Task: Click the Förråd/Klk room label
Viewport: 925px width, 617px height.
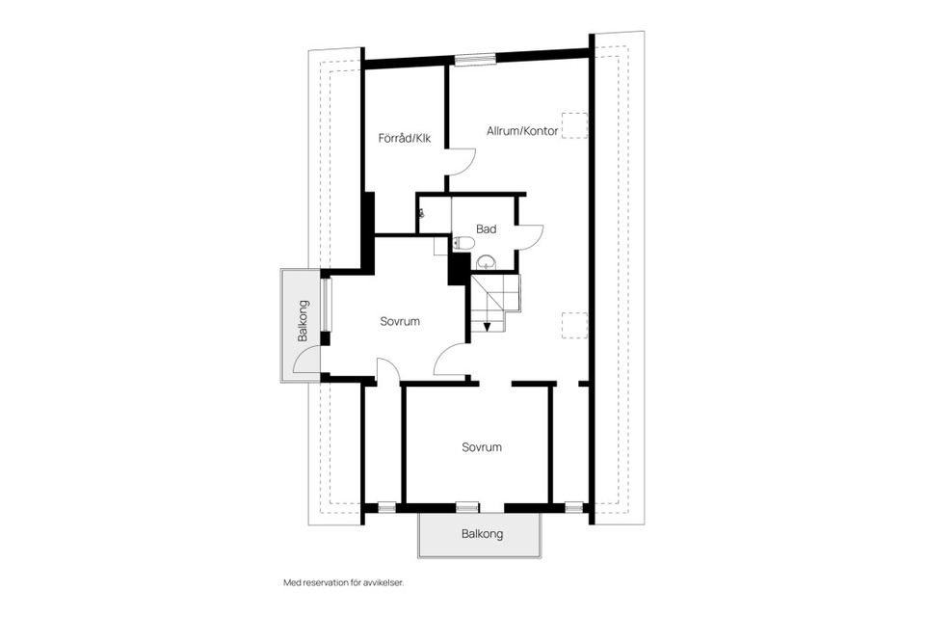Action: tap(405, 138)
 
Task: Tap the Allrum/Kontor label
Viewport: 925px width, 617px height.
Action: tap(522, 131)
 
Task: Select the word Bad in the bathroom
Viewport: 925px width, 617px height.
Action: tap(486, 229)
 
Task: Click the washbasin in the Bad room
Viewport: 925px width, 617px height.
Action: tap(487, 260)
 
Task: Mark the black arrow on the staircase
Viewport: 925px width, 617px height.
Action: tap(487, 325)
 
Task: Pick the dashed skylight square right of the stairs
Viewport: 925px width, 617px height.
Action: tap(574, 326)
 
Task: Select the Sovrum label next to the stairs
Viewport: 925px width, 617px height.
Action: tap(399, 321)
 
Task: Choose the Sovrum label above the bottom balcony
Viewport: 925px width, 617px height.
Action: tap(481, 447)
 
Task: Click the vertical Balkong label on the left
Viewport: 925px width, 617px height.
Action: tap(304, 322)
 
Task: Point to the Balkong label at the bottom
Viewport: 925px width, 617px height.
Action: tap(481, 533)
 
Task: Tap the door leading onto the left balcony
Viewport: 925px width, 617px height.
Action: tap(307, 361)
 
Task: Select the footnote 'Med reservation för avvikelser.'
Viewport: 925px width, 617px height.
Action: tap(343, 583)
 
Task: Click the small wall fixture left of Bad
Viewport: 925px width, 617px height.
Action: tap(421, 214)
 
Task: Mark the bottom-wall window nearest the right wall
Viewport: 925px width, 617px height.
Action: tap(574, 507)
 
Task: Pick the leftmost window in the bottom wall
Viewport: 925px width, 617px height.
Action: tap(385, 507)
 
